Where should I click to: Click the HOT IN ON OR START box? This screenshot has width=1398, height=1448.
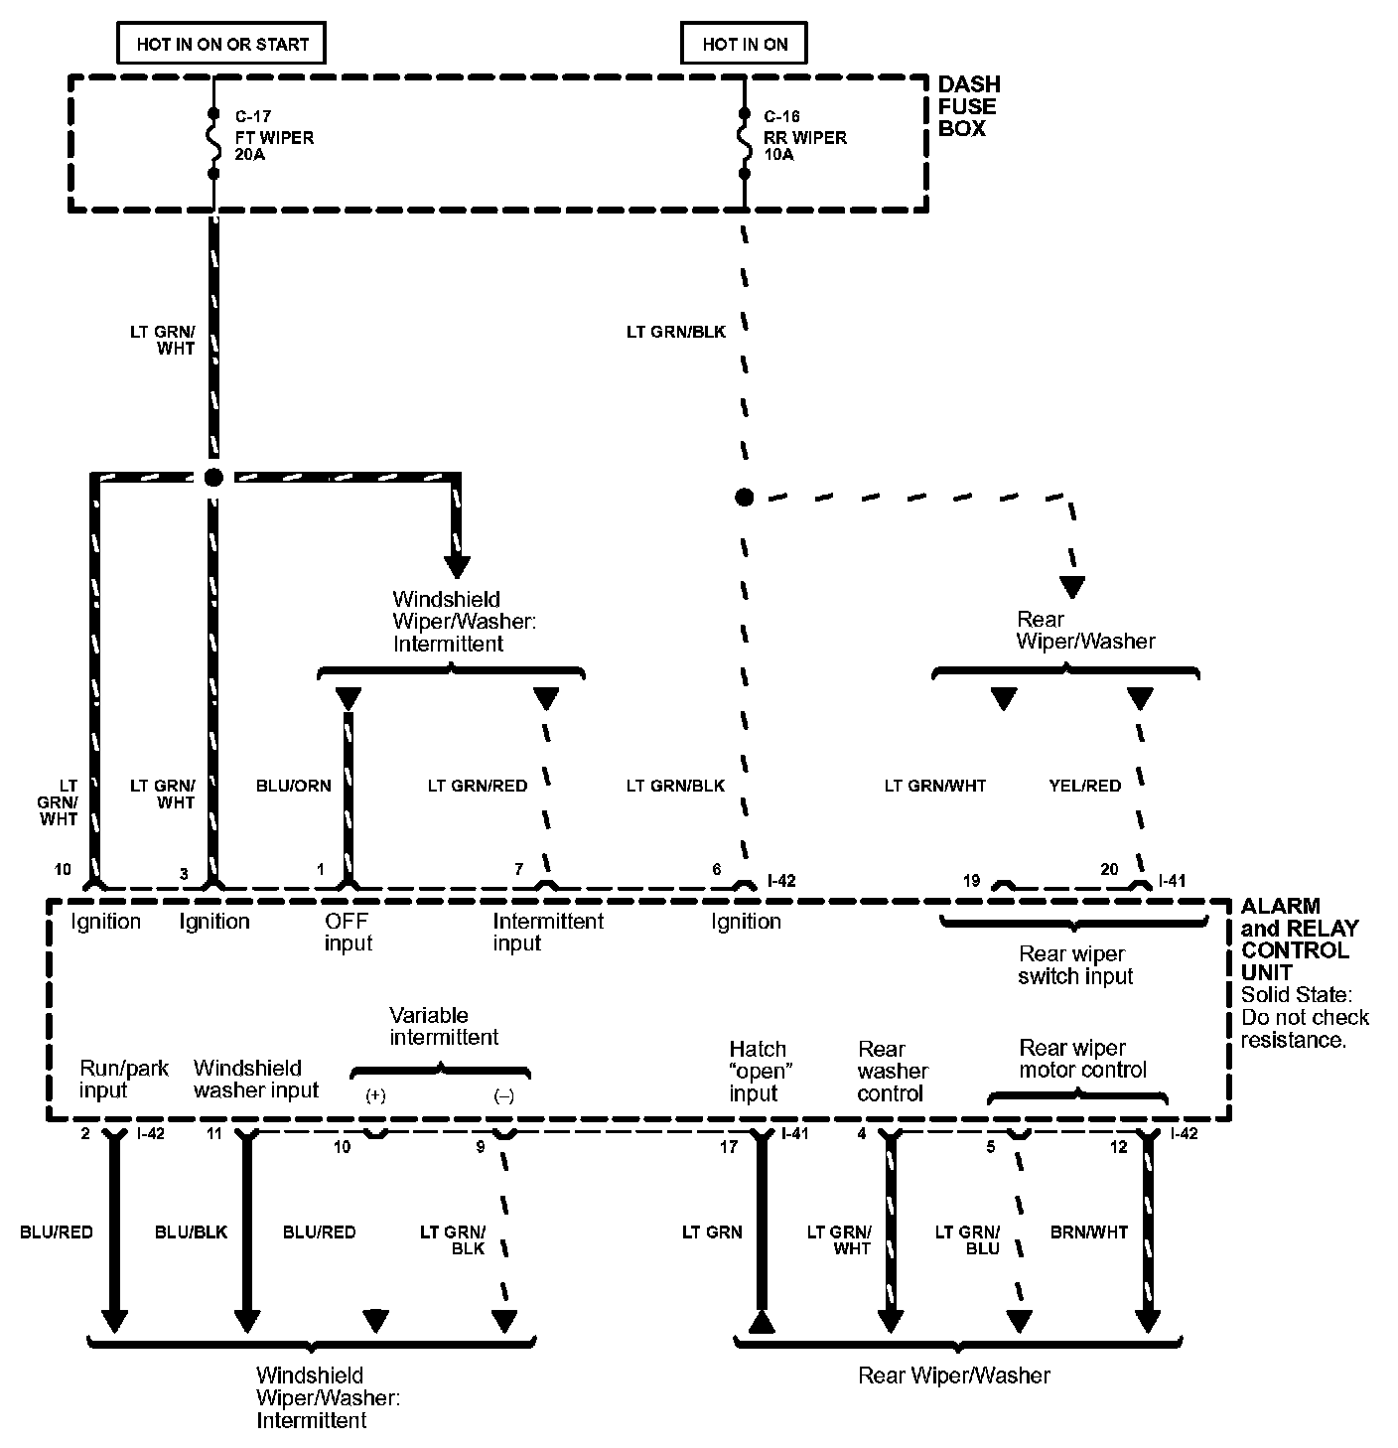click(x=222, y=44)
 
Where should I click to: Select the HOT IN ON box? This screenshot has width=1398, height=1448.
click(x=745, y=44)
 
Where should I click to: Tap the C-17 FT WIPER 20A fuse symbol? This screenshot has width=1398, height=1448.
click(x=212, y=143)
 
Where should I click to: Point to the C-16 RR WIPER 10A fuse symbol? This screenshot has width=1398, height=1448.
click(x=744, y=143)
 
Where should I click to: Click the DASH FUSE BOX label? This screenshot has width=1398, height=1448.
click(x=968, y=106)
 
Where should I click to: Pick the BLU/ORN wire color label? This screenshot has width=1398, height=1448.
click(x=293, y=786)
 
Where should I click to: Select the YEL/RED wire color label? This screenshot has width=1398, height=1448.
click(x=1084, y=786)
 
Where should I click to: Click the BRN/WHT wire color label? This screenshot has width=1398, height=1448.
click(x=1089, y=1232)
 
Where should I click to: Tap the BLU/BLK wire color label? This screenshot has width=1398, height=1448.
click(x=191, y=1232)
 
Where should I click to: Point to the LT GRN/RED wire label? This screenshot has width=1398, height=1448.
click(x=478, y=786)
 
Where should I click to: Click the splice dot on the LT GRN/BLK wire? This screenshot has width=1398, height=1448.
click(x=745, y=497)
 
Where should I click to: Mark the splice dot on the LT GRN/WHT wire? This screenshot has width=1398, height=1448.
click(x=212, y=478)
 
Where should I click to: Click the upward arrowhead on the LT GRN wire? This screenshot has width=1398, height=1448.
click(x=762, y=1321)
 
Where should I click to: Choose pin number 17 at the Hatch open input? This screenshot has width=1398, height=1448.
click(x=729, y=1147)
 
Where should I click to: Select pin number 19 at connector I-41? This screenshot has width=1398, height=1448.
click(x=972, y=880)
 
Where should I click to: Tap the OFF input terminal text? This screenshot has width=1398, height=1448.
click(x=348, y=932)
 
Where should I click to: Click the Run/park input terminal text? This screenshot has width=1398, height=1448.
click(x=123, y=1079)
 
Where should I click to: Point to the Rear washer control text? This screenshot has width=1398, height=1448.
click(x=892, y=1071)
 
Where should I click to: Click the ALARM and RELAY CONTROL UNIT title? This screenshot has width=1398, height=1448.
click(x=1300, y=939)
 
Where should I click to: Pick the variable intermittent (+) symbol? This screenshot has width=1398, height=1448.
click(x=375, y=1096)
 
